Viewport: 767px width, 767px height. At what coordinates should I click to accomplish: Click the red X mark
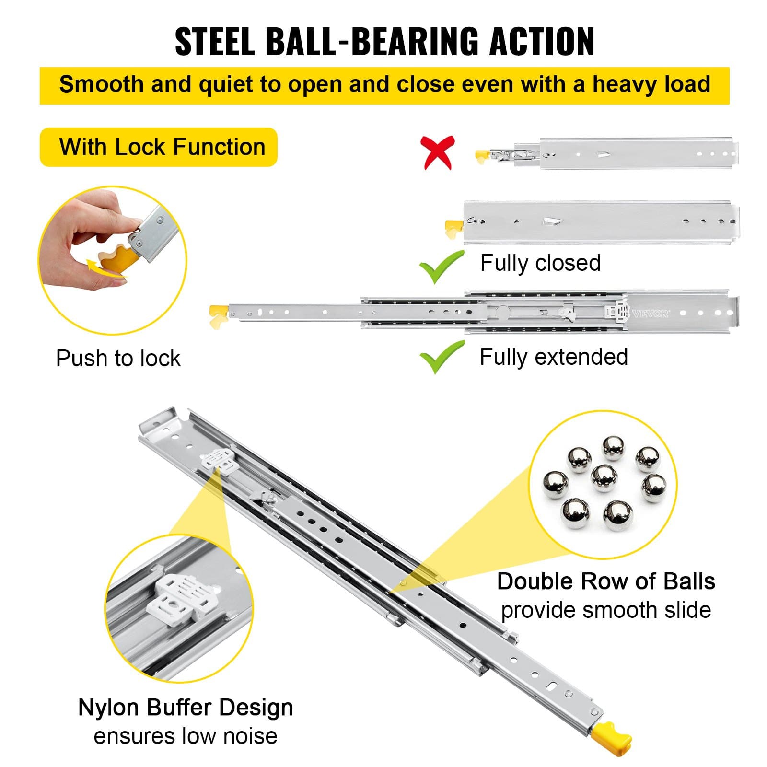click(437, 152)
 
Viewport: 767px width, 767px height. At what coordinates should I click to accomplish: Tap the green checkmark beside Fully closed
click(441, 267)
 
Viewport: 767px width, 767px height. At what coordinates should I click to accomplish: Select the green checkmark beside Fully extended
click(441, 357)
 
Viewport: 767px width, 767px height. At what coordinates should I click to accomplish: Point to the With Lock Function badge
click(159, 147)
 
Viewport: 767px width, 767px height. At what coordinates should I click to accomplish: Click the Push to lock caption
click(118, 358)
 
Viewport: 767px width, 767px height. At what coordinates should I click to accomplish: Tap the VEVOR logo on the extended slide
click(650, 314)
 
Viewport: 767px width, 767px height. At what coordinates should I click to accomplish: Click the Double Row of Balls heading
click(606, 581)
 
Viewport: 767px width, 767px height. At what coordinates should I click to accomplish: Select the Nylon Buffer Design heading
click(186, 707)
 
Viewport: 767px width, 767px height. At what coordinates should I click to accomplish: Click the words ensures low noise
click(186, 736)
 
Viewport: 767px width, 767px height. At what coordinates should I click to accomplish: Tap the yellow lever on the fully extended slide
click(219, 315)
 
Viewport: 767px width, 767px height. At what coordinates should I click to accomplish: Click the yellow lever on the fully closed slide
click(453, 228)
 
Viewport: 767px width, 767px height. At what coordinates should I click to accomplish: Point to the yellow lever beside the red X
click(482, 156)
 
